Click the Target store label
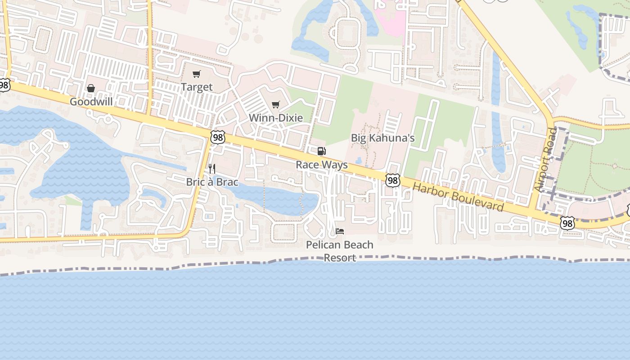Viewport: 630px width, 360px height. tap(196, 87)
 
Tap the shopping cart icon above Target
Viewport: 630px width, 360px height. tap(196, 74)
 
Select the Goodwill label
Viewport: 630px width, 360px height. tap(91, 102)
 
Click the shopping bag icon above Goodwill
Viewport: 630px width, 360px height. tap(91, 88)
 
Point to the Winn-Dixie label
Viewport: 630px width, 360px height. tap(276, 118)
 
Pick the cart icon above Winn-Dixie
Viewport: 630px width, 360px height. tap(276, 105)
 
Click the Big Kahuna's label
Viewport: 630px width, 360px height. tap(382, 138)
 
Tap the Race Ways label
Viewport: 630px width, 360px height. tap(321, 165)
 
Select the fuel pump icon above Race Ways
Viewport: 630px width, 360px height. tap(321, 151)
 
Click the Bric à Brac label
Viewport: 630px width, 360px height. tap(212, 182)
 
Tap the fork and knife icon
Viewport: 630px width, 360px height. tap(212, 169)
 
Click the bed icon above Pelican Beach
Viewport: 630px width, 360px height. tap(340, 231)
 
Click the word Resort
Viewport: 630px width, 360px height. tap(340, 258)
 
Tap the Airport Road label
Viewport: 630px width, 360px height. tap(546, 160)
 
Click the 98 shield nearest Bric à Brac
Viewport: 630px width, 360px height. tap(218, 137)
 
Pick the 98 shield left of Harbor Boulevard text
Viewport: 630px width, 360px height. tap(393, 180)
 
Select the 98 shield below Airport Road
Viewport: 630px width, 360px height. tap(567, 223)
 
